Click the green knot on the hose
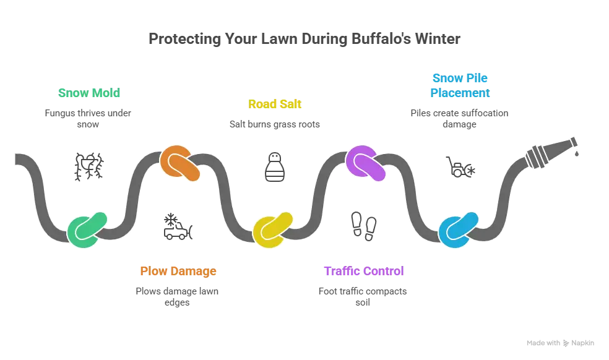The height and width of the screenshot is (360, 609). tap(87, 229)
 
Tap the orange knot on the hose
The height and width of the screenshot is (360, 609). tap(179, 163)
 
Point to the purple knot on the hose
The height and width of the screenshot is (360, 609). tap(365, 163)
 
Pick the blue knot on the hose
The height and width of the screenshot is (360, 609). tap(459, 229)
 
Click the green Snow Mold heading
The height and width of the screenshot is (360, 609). tap(88, 93)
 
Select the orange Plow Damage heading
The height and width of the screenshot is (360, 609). tap(178, 271)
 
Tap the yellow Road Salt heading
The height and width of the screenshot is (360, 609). tap(274, 104)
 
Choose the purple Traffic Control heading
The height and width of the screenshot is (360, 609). tap(363, 271)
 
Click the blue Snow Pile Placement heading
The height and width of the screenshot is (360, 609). tap(460, 85)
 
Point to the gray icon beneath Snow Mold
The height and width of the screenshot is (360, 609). tap(88, 166)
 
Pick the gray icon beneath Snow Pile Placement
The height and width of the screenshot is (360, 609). tap(460, 166)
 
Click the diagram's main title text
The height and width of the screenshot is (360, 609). tap(304, 39)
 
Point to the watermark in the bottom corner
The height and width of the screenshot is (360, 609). tap(559, 341)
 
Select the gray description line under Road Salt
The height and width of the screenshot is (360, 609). tap(274, 124)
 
